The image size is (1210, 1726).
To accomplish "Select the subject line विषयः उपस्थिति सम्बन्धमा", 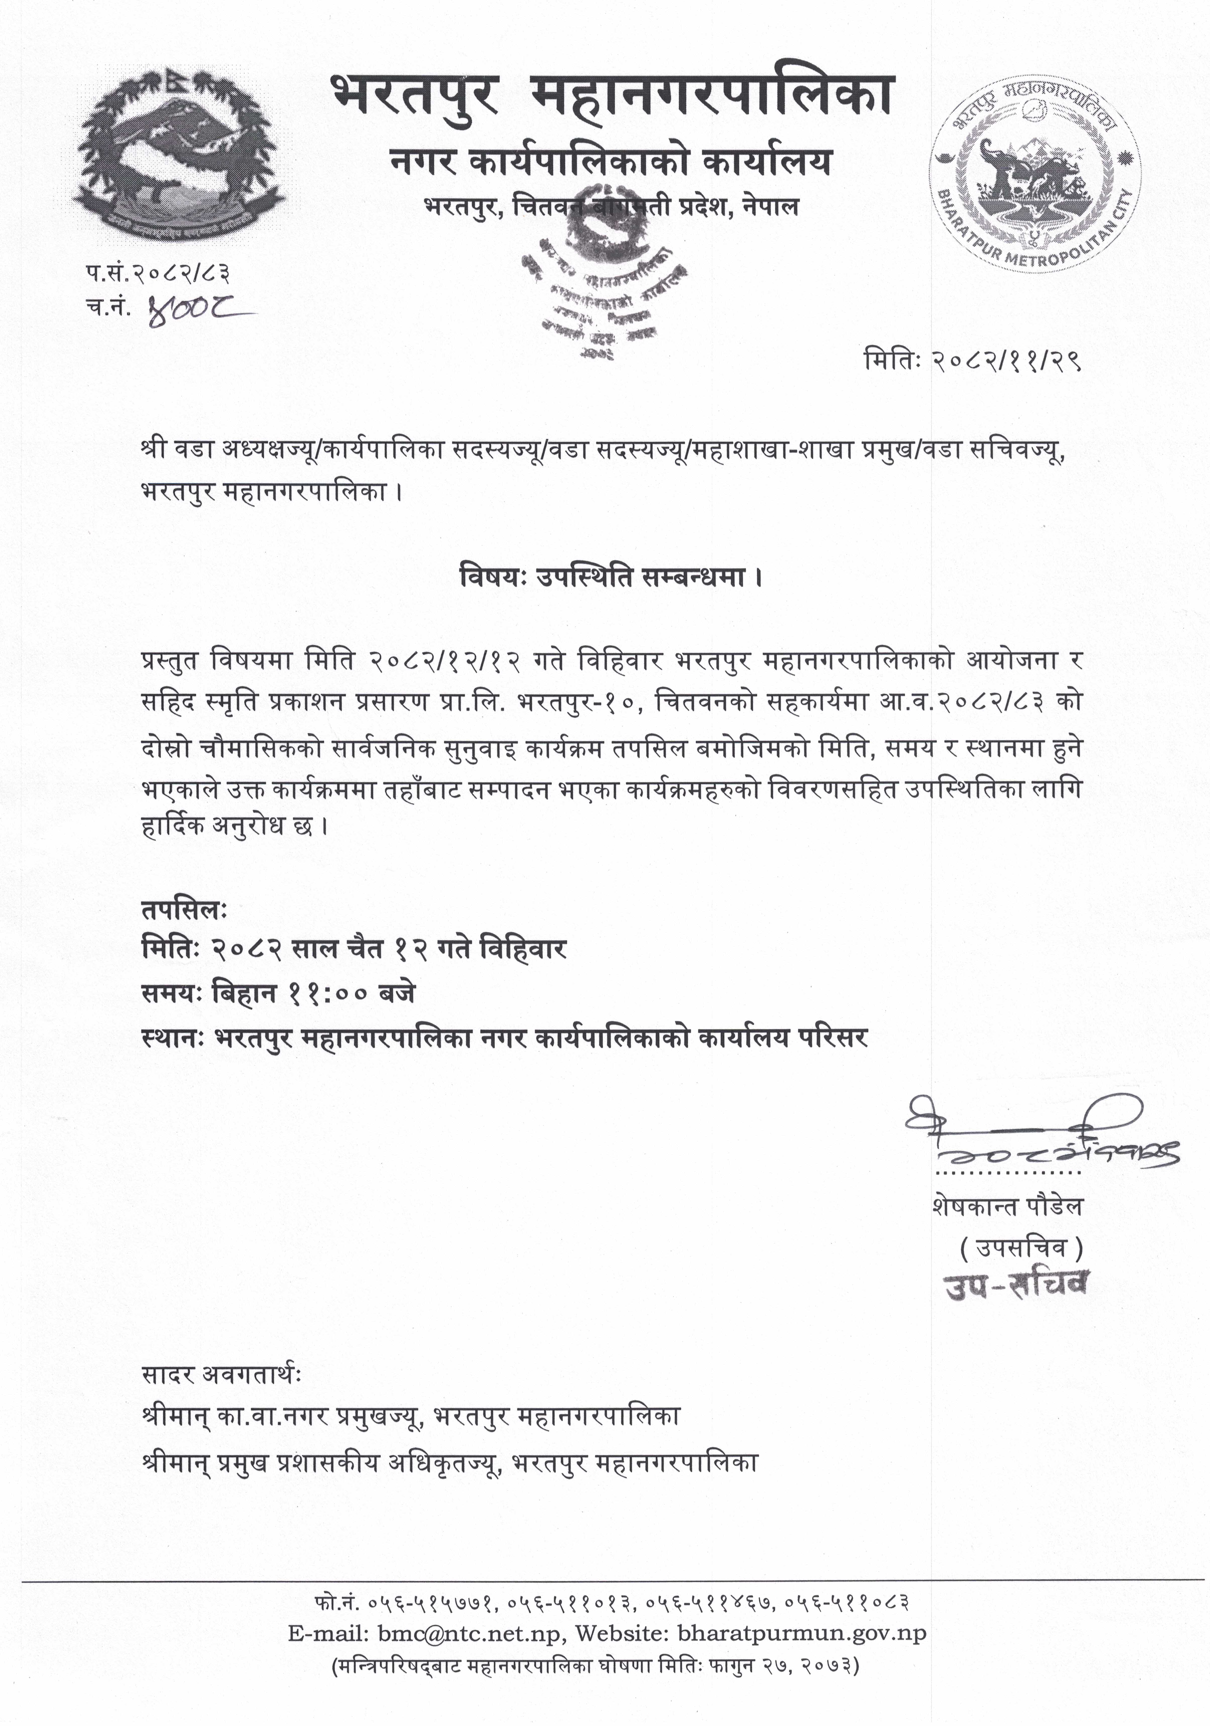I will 610,577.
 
